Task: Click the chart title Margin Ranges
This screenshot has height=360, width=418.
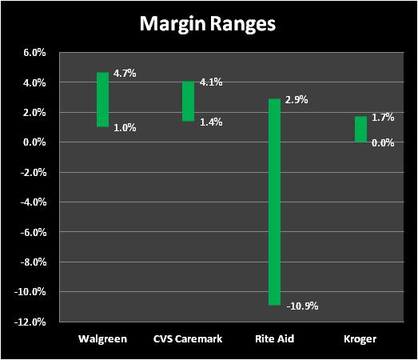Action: click(207, 25)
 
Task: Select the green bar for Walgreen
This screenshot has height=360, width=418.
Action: click(102, 99)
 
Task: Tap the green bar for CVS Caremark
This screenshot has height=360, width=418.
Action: click(188, 101)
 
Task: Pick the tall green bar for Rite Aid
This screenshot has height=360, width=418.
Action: click(274, 202)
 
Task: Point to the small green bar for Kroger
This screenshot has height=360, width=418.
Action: click(360, 129)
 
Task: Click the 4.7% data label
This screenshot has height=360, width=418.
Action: click(125, 73)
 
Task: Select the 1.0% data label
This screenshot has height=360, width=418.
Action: click(125, 128)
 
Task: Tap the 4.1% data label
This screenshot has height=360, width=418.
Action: click(211, 82)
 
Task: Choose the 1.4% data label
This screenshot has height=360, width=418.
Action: click(211, 122)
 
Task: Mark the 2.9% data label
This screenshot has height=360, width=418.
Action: click(297, 100)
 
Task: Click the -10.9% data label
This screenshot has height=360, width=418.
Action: click(302, 306)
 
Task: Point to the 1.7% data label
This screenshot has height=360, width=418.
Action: click(383, 118)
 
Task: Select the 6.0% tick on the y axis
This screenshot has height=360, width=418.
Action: click(34, 53)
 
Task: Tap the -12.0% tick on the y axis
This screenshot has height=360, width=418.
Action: click(30, 322)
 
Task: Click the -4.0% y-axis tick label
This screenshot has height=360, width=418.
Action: click(34, 202)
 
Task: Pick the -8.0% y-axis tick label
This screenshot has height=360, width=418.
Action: click(34, 262)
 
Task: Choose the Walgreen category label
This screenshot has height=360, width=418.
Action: click(102, 339)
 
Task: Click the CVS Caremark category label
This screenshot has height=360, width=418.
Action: click(188, 339)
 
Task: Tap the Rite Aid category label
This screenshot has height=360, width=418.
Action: click(275, 339)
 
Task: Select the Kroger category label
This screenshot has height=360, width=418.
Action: click(360, 339)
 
